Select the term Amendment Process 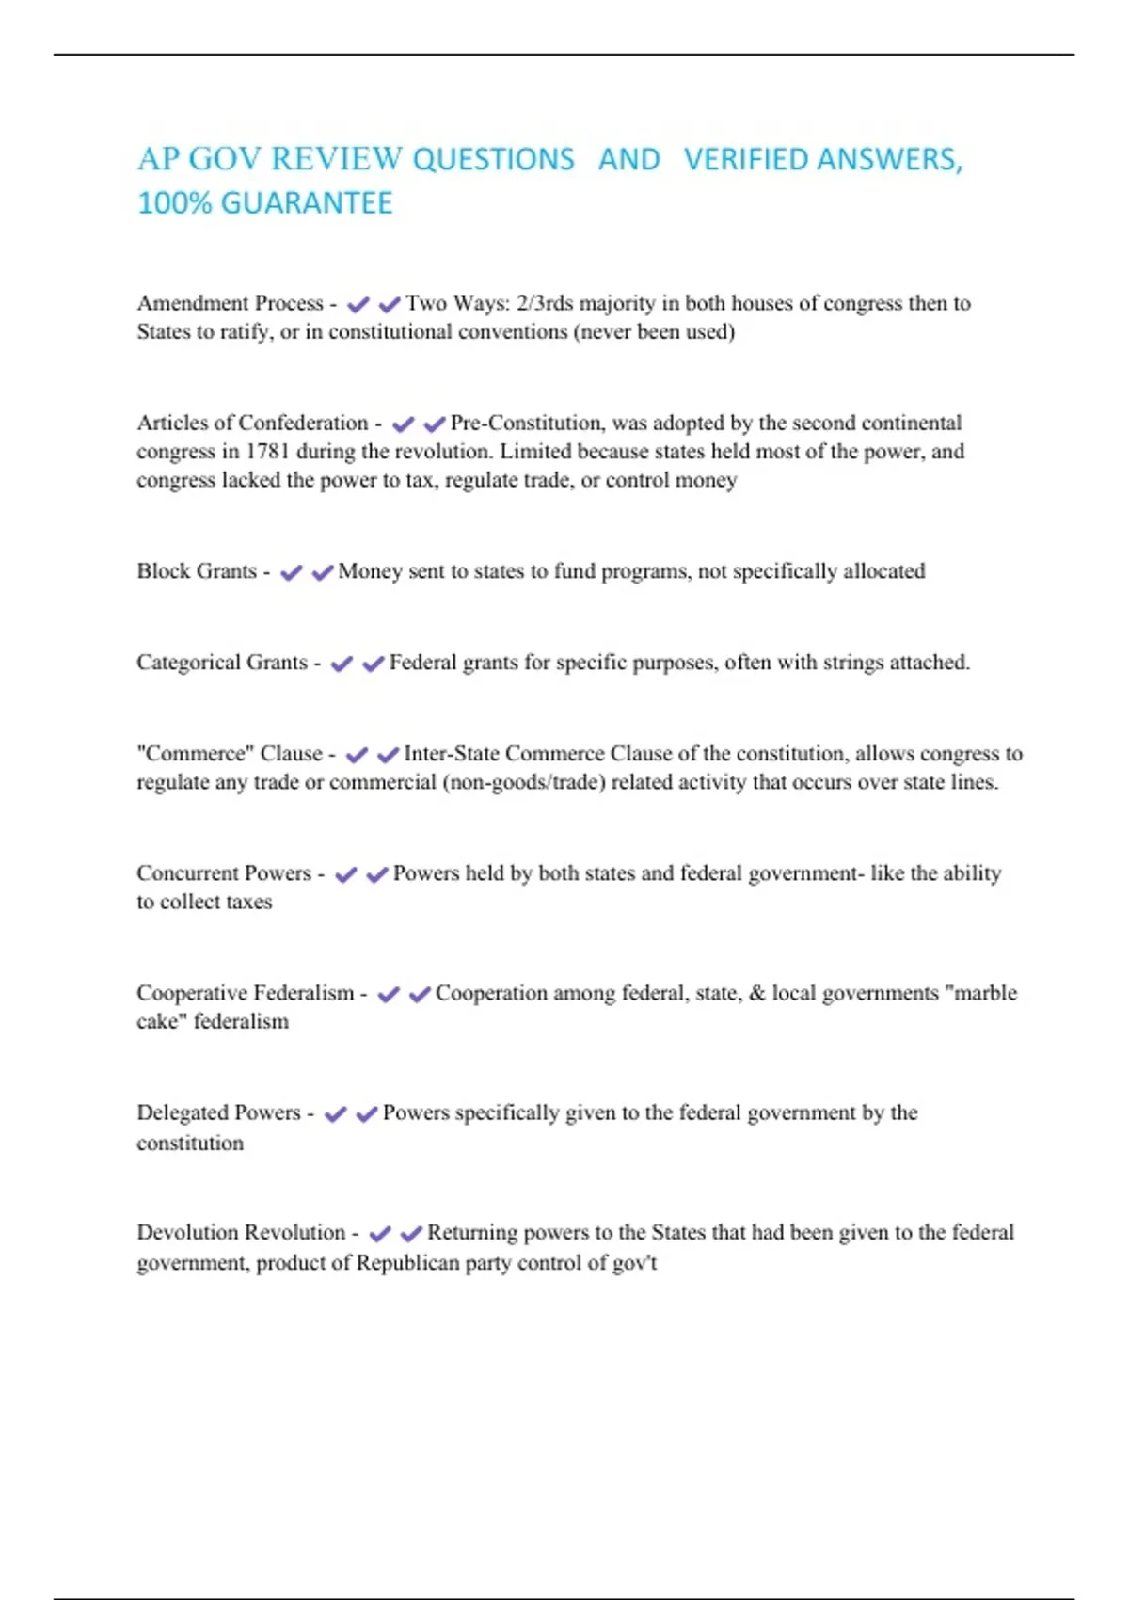click(230, 303)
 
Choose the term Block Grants click(197, 571)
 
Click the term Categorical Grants click(222, 663)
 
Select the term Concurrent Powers click(224, 873)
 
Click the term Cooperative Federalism click(246, 993)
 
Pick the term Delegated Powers click(218, 1112)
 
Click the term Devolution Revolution click(241, 1233)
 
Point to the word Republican click(407, 1263)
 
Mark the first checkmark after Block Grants click(292, 572)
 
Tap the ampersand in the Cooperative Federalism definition click(756, 993)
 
